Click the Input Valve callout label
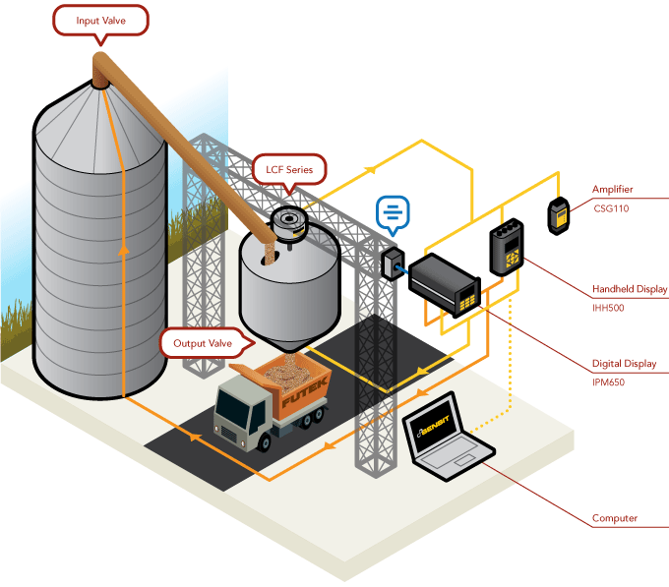tap(99, 20)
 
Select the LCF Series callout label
tap(288, 168)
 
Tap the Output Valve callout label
tap(202, 343)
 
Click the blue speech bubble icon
tap(393, 211)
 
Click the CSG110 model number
tap(610, 208)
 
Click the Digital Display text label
tap(624, 364)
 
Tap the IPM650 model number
tap(609, 382)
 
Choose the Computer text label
tap(614, 518)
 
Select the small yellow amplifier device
tap(558, 215)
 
